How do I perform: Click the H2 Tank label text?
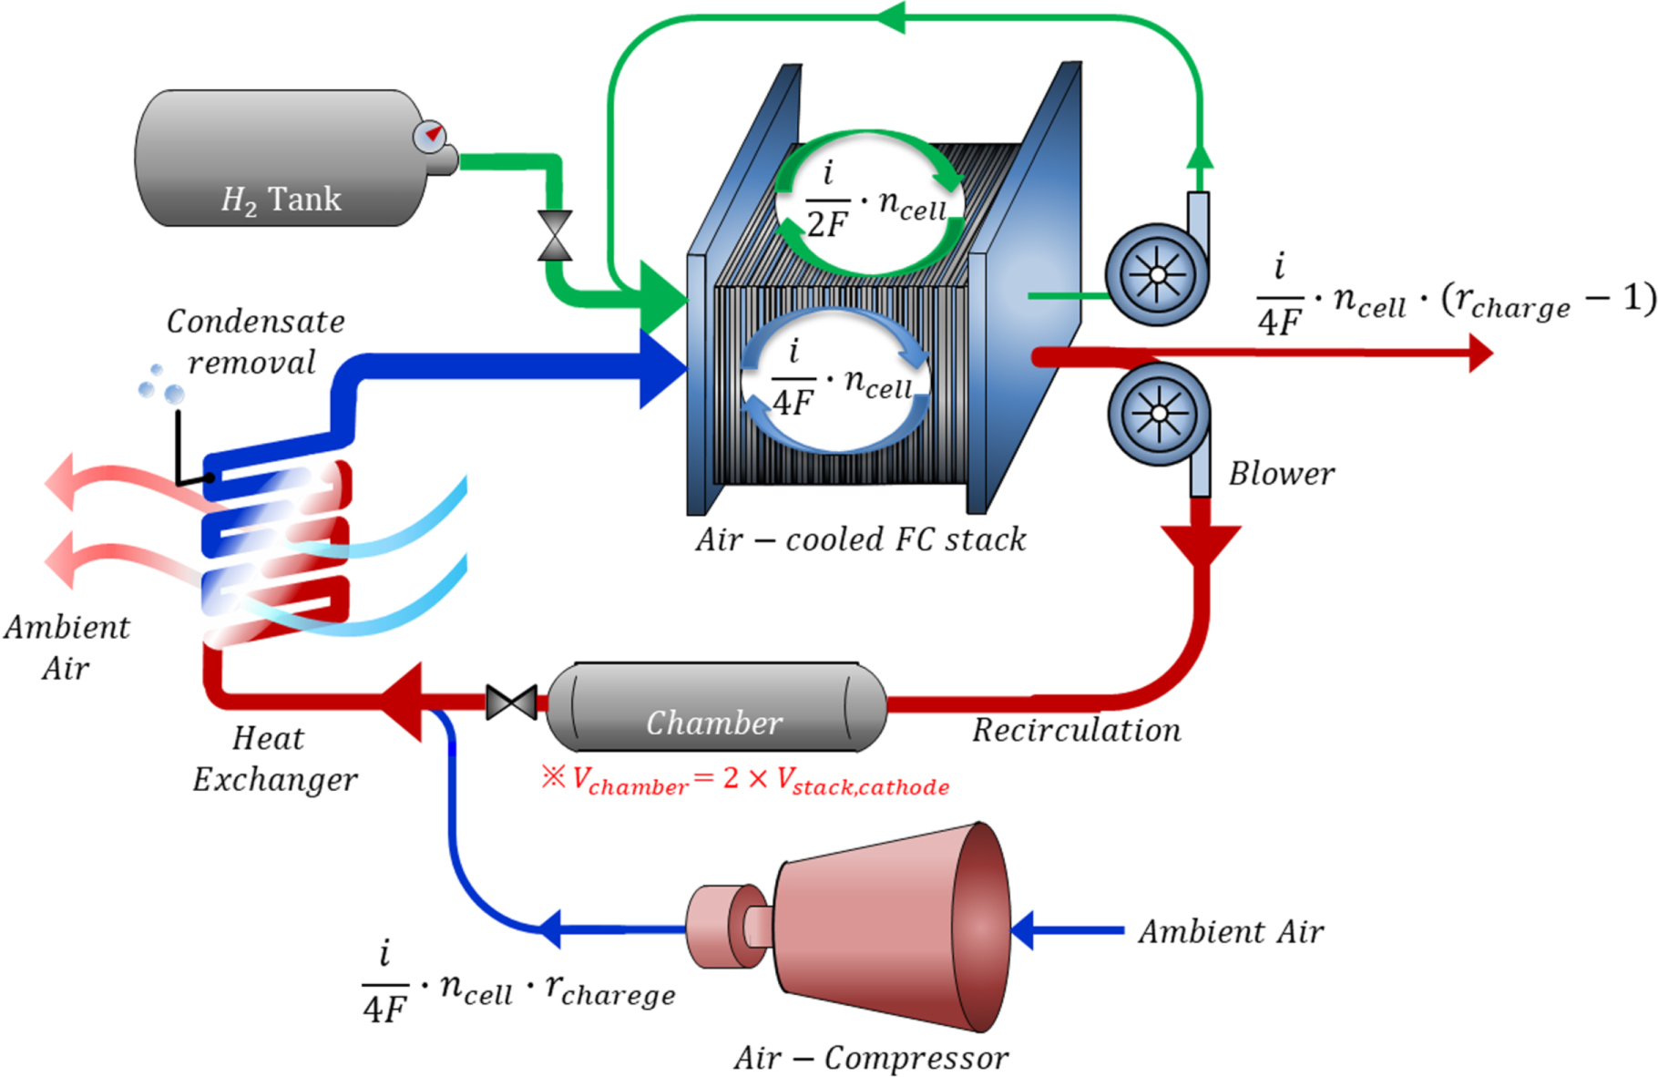point(281,199)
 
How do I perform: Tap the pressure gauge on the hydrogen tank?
point(430,136)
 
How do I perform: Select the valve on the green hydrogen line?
point(555,236)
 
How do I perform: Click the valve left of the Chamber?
point(511,703)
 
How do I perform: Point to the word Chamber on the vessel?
point(713,723)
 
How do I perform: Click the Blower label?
point(1281,474)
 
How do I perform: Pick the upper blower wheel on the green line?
point(1156,274)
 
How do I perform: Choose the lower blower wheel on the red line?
point(1158,414)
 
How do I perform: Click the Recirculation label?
point(1076,730)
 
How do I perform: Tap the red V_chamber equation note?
point(745,779)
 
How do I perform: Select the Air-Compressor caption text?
point(871,1057)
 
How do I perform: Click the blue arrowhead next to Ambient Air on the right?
point(1023,930)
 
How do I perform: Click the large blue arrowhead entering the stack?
point(662,369)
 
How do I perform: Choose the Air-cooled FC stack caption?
point(861,539)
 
